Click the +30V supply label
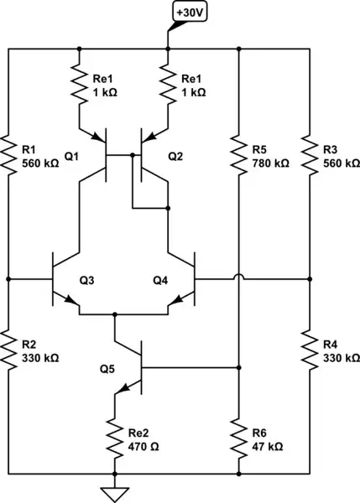click(x=191, y=13)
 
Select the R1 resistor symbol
click(x=9, y=154)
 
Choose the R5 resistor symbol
click(x=240, y=154)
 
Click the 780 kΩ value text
click(x=269, y=163)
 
